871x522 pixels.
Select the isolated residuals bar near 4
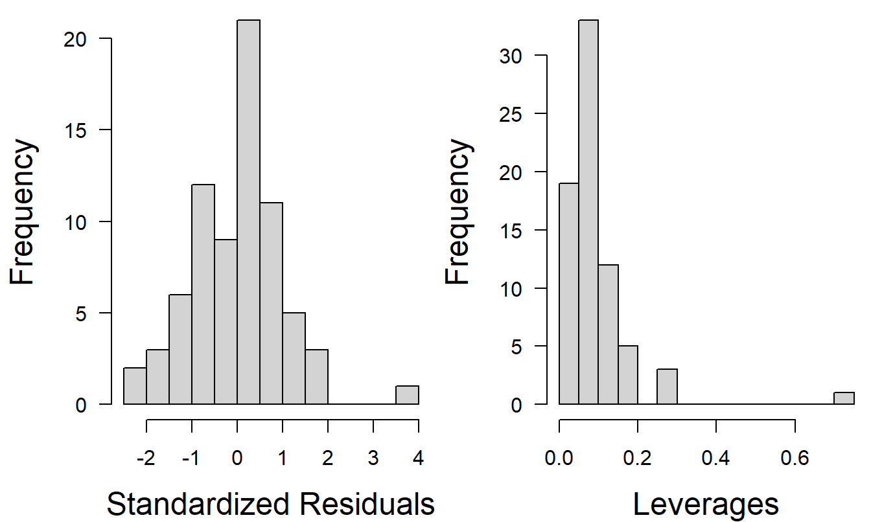[407, 395]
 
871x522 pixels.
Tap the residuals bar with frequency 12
[203, 295]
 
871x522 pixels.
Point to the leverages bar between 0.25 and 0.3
[667, 387]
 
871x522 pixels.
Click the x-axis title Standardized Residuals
[270, 504]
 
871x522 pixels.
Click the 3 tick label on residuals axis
[373, 458]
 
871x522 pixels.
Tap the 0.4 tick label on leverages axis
[716, 458]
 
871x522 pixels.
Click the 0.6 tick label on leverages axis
[795, 458]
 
